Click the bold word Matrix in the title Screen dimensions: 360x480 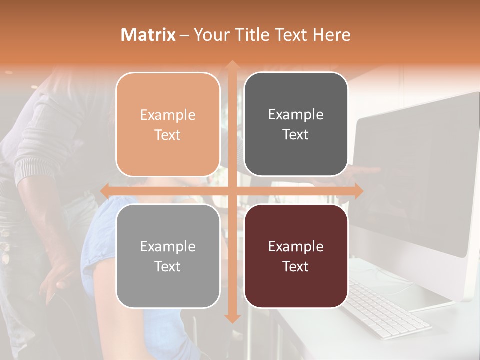coord(148,35)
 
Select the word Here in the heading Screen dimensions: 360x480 coord(331,35)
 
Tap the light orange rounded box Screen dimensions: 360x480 coord(168,124)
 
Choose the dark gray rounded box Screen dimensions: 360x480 coord(296,124)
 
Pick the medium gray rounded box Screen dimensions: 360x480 coord(168,256)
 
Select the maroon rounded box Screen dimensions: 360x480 coord(296,256)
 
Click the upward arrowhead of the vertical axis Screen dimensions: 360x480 coord(231,65)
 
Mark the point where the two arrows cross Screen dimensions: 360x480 coord(231,191)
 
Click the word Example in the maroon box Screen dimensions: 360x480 coord(296,246)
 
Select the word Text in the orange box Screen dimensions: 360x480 coord(168,135)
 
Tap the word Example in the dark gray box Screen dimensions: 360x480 coord(296,115)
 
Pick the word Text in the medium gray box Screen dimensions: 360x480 coord(168,266)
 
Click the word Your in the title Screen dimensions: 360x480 coord(209,35)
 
